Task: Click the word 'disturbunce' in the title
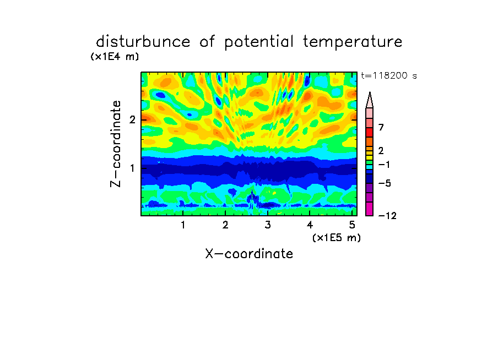143,42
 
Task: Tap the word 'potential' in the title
259,42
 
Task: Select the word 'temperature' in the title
353,42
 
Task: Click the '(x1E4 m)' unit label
115,57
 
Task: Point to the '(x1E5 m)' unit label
337,237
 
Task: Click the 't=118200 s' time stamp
389,76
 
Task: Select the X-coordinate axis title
249,254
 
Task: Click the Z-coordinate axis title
116,144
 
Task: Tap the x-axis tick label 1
183,225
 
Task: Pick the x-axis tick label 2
225,225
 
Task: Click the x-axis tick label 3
268,225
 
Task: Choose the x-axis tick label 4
310,225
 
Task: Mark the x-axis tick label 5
352,225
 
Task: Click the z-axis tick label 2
132,119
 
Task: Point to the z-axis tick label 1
132,168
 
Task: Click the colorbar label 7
381,128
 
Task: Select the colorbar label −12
387,216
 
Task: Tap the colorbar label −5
385,183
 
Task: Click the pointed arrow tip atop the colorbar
370,92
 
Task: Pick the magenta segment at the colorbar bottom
370,209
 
